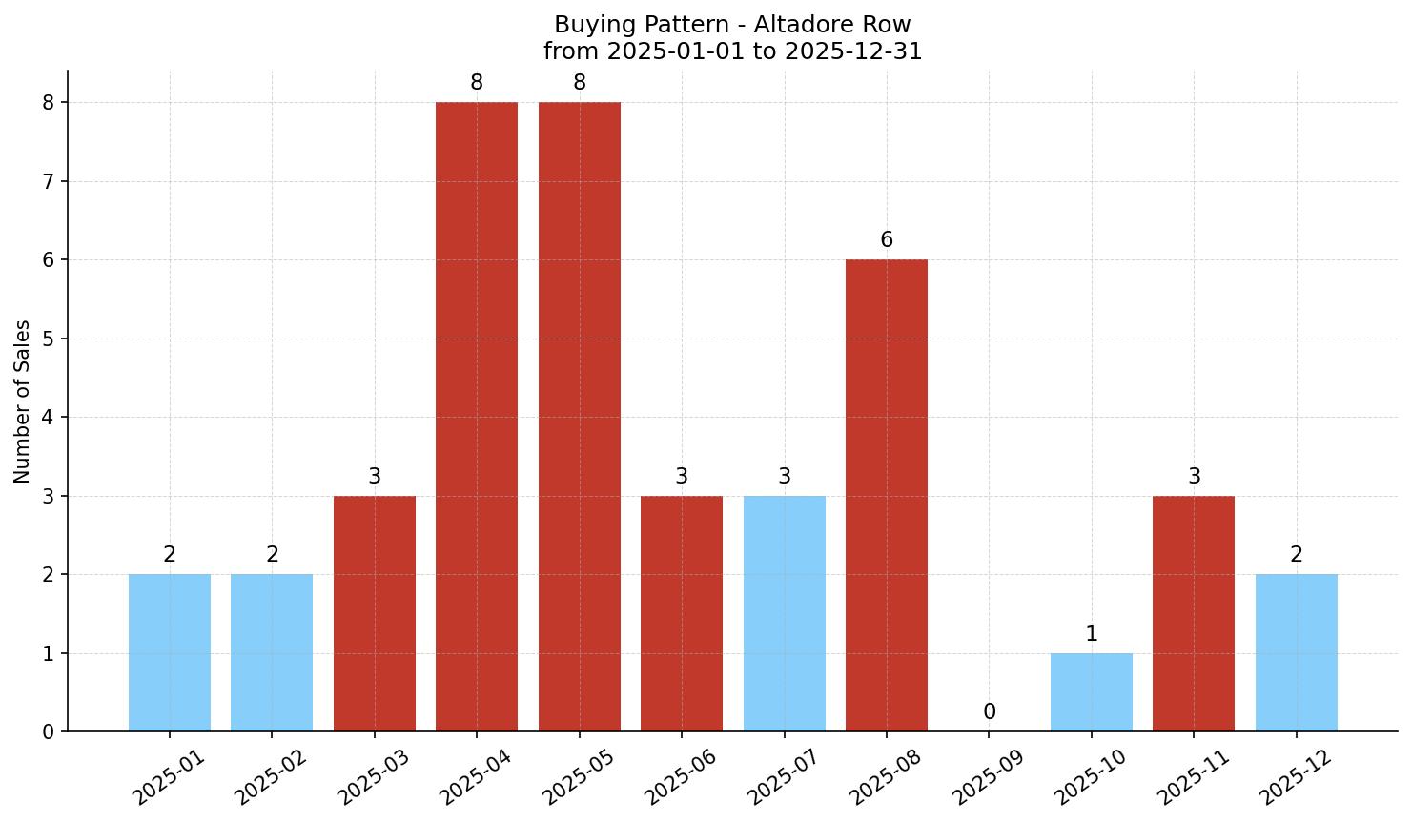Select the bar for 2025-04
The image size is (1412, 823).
tap(477, 417)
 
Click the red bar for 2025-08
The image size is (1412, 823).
tap(887, 496)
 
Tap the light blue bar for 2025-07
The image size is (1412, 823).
tap(784, 613)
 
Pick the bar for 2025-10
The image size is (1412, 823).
tap(1092, 692)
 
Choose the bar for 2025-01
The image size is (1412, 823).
tap(170, 652)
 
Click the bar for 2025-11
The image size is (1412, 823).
tap(1194, 613)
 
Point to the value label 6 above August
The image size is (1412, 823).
tap(887, 240)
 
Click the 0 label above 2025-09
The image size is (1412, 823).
tap(990, 712)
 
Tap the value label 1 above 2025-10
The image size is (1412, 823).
tap(1092, 634)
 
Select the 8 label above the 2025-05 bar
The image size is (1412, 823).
tap(580, 83)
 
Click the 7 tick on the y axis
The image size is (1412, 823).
tap(49, 181)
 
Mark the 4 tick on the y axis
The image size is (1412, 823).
tap(49, 418)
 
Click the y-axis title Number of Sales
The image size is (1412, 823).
tap(23, 401)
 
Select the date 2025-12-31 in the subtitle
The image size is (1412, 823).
tap(853, 51)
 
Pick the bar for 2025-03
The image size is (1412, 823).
tap(375, 613)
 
